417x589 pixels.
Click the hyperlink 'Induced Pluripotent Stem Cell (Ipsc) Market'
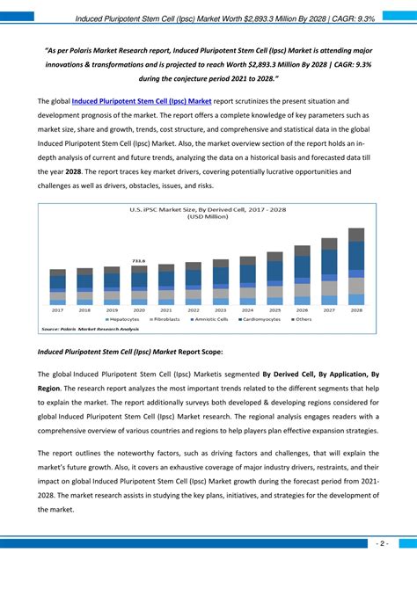(142, 102)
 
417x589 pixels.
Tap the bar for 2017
(58, 287)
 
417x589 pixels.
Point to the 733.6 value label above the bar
(139, 261)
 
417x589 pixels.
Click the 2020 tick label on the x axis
(139, 310)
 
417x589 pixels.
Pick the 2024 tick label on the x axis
(247, 310)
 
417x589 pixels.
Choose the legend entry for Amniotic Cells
(212, 320)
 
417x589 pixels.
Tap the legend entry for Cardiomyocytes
(263, 320)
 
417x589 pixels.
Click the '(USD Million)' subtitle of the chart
(208, 217)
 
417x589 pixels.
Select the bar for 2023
(221, 282)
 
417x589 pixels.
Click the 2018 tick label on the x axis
(84, 310)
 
